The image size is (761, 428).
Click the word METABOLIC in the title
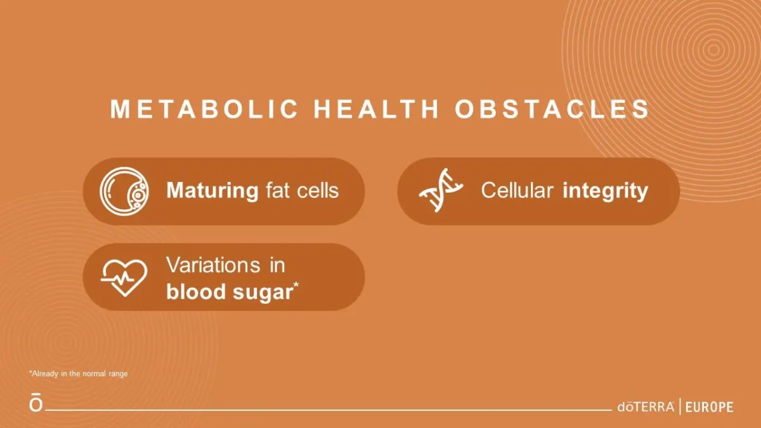pos(204,109)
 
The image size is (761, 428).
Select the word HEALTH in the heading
pos(376,109)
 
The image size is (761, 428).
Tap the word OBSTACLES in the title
pos(552,109)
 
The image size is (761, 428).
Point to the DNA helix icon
pos(441,190)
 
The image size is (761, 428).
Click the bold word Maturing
pos(212,191)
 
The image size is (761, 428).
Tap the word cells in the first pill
pos(318,190)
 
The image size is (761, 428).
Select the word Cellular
pos(517,190)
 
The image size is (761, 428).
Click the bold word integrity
pos(606,191)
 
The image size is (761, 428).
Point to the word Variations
pos(213,265)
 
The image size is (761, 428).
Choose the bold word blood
pos(196,292)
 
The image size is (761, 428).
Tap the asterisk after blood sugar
pos(296,285)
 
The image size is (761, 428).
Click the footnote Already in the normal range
pos(79,373)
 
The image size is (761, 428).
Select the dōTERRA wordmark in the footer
pos(646,406)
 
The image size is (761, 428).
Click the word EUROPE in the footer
pos(710,407)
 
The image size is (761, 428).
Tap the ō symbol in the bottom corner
pos(36,402)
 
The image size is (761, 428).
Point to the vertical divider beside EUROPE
pos(680,406)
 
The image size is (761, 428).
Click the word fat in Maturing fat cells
pos(278,190)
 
